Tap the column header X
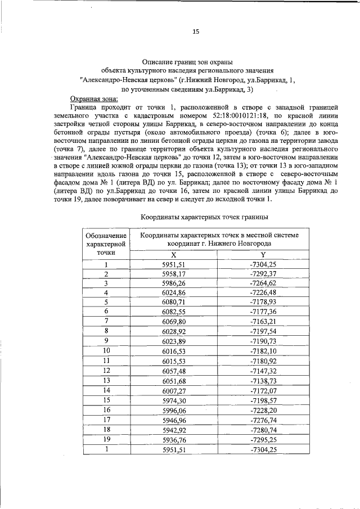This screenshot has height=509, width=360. pos(173,254)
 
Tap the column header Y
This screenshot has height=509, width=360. pos(263,254)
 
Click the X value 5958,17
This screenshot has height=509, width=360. pos(173,274)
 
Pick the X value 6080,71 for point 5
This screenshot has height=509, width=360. pos(173,301)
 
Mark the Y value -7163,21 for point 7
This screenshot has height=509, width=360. pos(263,321)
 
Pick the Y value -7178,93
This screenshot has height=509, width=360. pos(263,301)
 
